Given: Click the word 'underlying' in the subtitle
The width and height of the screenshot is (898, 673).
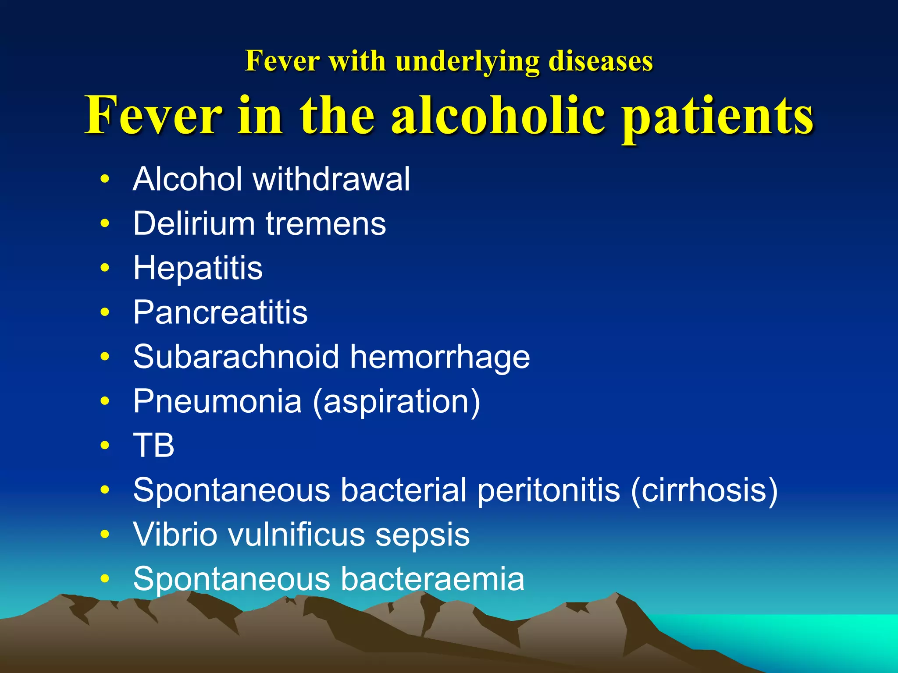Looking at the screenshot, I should coord(467,61).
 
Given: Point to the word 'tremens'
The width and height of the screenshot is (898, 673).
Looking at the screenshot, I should coord(326,223).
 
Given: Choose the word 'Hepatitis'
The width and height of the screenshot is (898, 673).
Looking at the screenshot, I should coord(198,268).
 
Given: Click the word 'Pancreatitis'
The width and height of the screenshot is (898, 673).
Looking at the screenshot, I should coord(221,312).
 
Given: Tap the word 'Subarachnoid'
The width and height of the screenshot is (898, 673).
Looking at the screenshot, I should coord(236,357).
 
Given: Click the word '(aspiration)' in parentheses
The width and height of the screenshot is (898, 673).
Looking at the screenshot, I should coord(396,402).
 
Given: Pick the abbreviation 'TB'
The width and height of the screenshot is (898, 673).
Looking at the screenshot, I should coord(153,445).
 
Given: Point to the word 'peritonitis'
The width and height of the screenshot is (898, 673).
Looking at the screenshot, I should coord(548,490).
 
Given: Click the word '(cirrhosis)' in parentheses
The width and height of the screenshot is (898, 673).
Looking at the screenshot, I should coord(704,490).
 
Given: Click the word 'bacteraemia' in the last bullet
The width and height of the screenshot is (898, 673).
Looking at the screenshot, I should coord(432,579).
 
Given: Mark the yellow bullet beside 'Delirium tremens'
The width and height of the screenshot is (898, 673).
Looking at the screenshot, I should coord(104,223).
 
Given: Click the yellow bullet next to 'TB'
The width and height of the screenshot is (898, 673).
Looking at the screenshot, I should coord(104,446).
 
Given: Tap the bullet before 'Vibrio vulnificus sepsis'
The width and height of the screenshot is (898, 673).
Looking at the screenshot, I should coord(104,535).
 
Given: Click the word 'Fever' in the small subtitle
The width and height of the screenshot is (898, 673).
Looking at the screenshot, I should coord(282,61).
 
